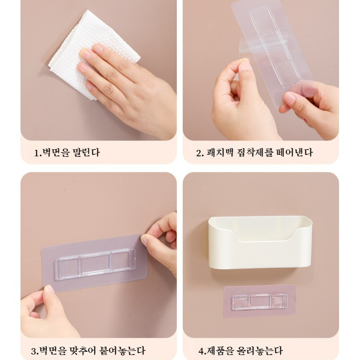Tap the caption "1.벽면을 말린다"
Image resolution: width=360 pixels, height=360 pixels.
[67, 153]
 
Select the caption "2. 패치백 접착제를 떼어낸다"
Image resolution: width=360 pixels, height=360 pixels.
[254, 153]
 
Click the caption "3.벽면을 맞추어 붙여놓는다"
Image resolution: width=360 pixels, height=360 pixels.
[88, 350]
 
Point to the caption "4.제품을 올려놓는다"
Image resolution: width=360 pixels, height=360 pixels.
[240, 350]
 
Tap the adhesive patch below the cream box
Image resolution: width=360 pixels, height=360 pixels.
[259, 301]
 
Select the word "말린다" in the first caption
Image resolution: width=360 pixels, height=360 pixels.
[85, 153]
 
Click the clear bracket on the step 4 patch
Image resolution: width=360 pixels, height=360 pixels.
[259, 302]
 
